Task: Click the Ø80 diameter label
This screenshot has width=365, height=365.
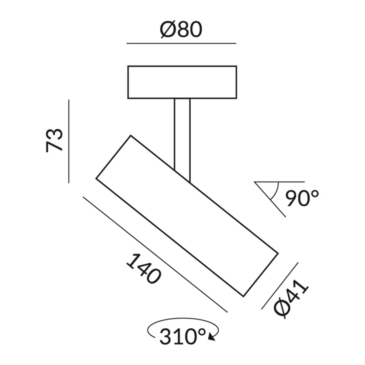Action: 181,30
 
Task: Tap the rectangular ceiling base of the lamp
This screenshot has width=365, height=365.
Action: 182,82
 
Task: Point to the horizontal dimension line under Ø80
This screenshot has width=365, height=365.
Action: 181,43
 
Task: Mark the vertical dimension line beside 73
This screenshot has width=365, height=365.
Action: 69,141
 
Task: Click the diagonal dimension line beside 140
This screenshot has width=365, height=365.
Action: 155,254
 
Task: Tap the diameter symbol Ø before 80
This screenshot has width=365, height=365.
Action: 167,30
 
